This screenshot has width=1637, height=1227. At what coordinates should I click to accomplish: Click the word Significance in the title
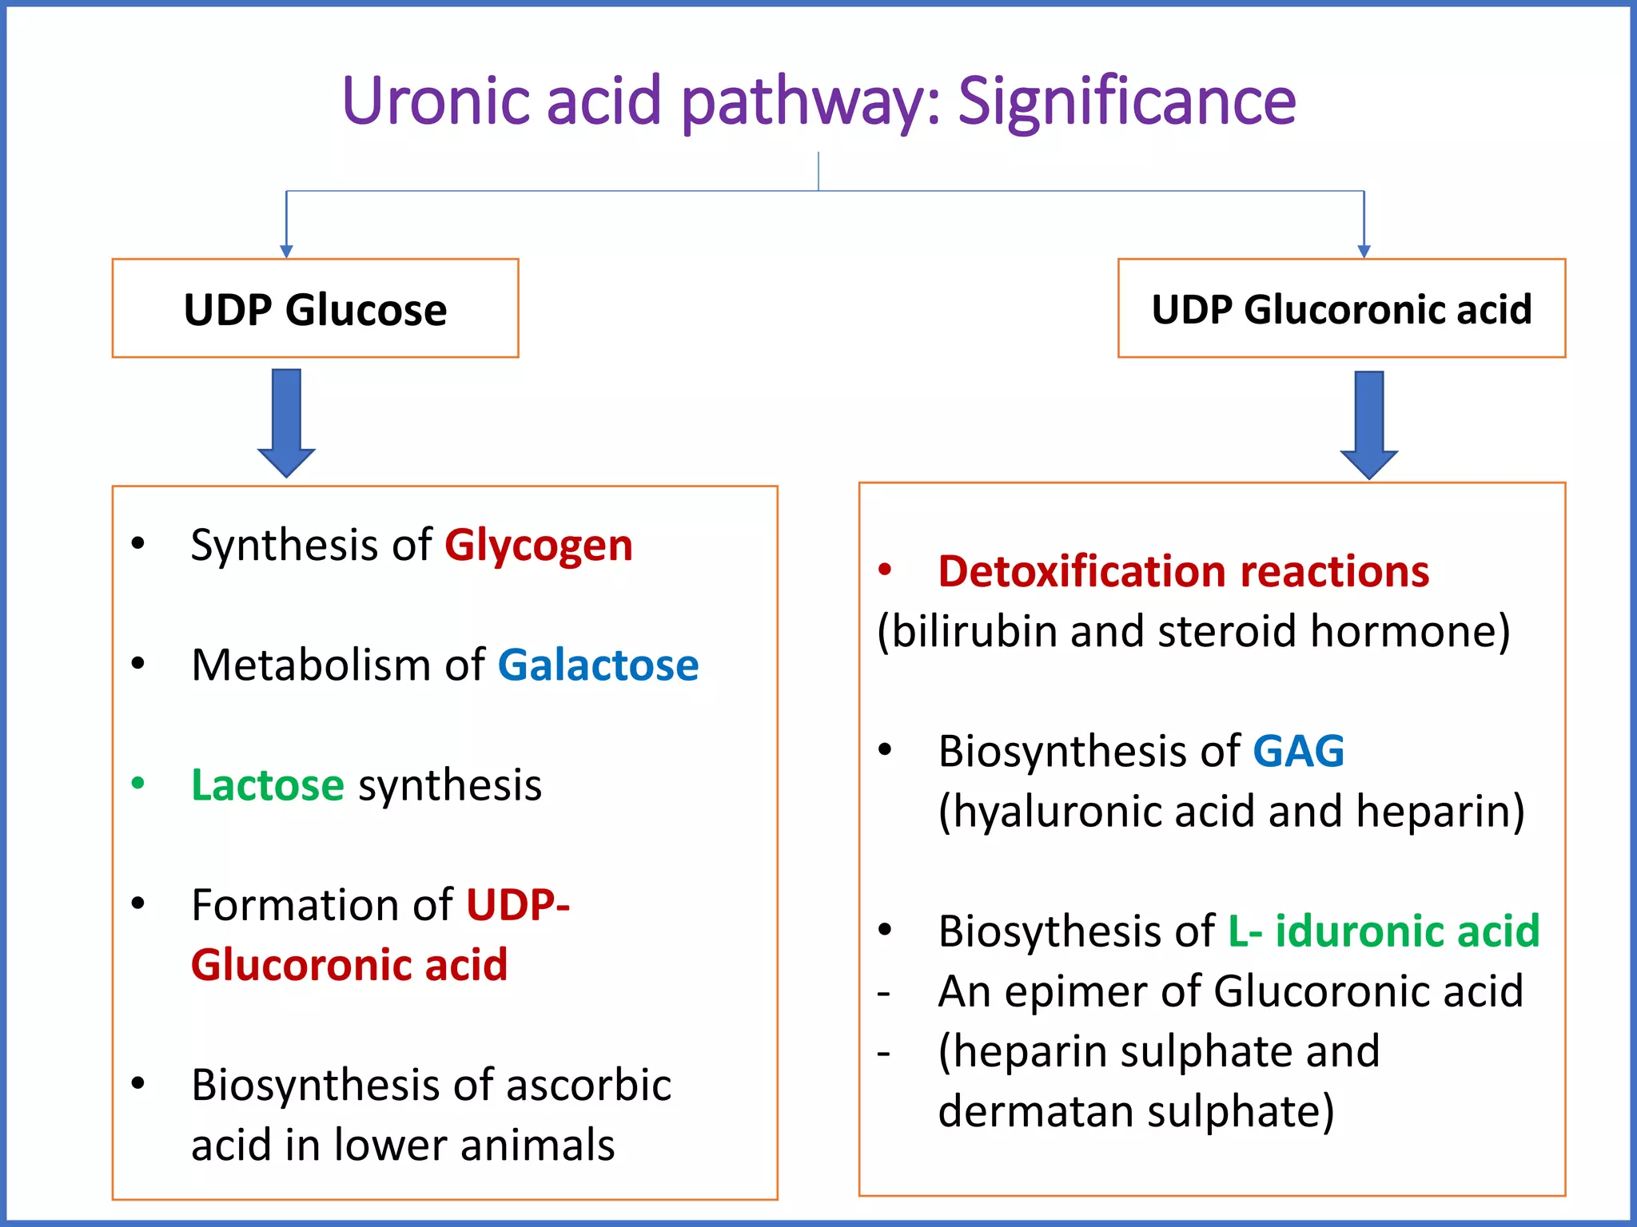1126,101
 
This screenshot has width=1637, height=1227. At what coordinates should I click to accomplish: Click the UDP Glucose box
315,308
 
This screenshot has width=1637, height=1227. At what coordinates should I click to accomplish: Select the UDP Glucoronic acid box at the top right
1341,308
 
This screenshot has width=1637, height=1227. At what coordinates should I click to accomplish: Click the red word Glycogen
538,546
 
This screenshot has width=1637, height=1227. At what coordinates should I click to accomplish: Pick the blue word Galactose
598,665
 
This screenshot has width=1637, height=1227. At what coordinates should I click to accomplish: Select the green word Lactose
267,785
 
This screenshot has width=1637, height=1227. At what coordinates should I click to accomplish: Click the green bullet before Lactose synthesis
138,783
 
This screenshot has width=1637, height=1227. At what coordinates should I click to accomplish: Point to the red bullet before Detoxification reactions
885,570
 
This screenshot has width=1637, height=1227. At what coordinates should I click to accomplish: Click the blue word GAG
1298,752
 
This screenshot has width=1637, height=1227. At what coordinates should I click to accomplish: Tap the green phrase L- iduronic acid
1383,931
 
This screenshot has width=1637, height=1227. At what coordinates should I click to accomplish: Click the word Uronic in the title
436,101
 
